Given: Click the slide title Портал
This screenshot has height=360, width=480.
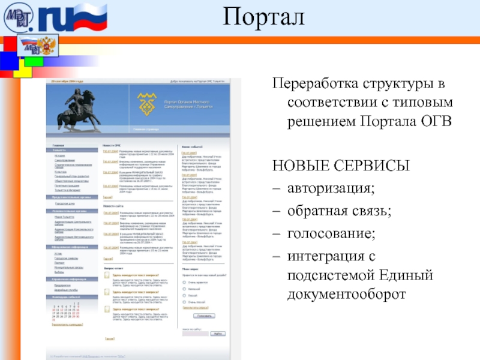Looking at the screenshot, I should [265, 17].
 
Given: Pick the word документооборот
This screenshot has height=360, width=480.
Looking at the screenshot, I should [346, 295].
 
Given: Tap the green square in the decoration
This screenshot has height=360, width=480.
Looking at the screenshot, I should [34, 61].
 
